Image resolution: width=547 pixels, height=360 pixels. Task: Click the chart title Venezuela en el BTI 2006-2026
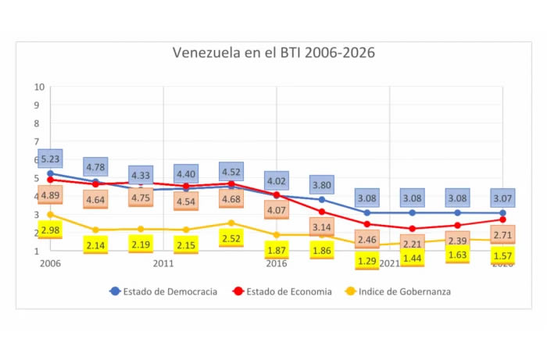pyautogui.click(x=273, y=53)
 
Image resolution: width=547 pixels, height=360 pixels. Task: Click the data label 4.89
pyautogui.click(x=50, y=195)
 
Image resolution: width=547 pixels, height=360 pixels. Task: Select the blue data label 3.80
pyautogui.click(x=321, y=186)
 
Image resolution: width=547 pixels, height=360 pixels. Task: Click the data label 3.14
pyautogui.click(x=321, y=227)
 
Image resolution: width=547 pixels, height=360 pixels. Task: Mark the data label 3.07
pyautogui.click(x=502, y=199)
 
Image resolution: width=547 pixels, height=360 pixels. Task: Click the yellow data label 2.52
pyautogui.click(x=231, y=238)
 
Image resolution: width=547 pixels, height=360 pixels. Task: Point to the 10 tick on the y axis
pyautogui.click(x=38, y=86)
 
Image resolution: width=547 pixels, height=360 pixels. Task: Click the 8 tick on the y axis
pyautogui.click(x=38, y=123)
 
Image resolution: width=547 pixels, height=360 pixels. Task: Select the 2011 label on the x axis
pyautogui.click(x=163, y=263)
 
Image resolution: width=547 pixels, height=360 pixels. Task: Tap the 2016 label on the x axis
pyautogui.click(x=276, y=263)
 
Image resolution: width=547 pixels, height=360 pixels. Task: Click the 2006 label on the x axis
pyautogui.click(x=49, y=263)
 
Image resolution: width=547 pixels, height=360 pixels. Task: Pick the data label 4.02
pyautogui.click(x=276, y=180)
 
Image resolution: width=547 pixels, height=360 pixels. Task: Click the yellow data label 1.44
pyautogui.click(x=412, y=257)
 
